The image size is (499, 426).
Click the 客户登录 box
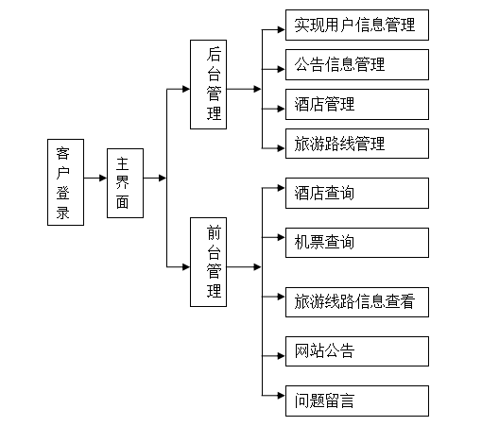(x=65, y=182)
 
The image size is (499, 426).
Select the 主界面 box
(x=125, y=183)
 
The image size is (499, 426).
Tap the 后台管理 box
(x=209, y=85)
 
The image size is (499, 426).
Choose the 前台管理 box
(x=209, y=263)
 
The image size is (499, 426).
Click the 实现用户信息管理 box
(x=357, y=26)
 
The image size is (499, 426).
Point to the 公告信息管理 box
(x=357, y=64)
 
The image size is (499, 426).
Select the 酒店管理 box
(x=357, y=104)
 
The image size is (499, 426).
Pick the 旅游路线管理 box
(x=357, y=144)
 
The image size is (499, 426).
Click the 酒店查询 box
(x=357, y=193)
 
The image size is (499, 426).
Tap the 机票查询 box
(x=357, y=243)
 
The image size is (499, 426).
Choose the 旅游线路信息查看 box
(x=357, y=302)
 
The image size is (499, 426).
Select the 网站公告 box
(x=357, y=351)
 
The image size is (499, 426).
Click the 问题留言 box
(x=357, y=400)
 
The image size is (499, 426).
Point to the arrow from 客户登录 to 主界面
(x=95, y=178)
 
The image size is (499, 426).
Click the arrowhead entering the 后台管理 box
(x=186, y=89)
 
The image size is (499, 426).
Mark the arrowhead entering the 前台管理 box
(x=186, y=267)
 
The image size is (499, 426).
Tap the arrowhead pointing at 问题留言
(x=282, y=396)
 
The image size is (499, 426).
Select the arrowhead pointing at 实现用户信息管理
(x=282, y=29)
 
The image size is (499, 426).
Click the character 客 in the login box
(x=63, y=153)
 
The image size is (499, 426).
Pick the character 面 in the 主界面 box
(x=123, y=202)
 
